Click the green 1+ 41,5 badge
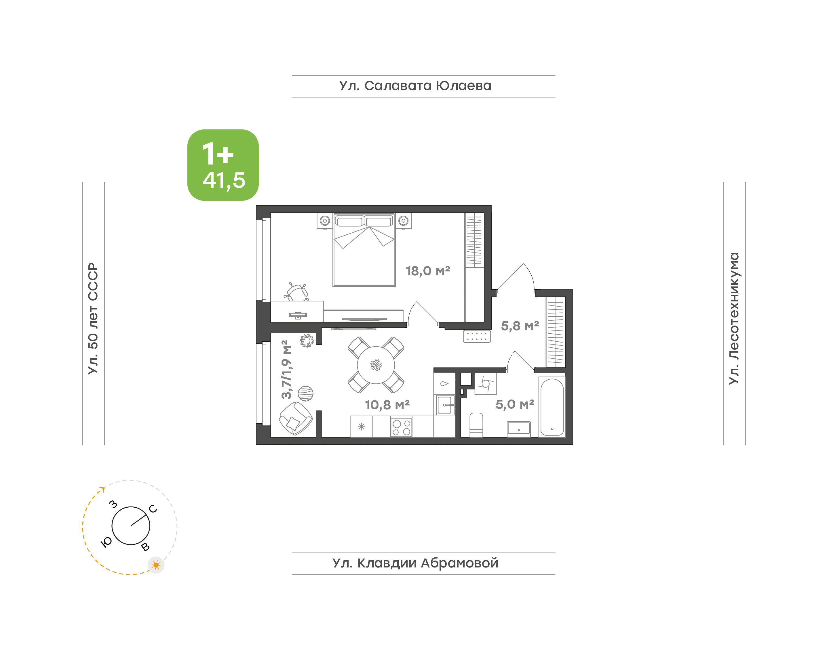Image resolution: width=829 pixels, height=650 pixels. pos(223,165)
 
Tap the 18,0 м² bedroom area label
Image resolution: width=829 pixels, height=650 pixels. pos(428,271)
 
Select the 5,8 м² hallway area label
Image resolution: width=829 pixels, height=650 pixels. pos(520,326)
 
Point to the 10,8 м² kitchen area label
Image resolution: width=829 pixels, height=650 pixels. pos(387,405)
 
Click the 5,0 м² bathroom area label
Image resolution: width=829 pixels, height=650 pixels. pos(515,404)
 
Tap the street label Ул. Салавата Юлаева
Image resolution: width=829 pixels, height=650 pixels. pos(415,86)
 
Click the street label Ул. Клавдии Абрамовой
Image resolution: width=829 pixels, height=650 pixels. pos(415,563)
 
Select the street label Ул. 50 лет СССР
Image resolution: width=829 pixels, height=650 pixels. pos(93,318)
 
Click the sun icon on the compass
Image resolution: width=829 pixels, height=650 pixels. pos(156,565)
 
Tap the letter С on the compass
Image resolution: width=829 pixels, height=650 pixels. pos(153,509)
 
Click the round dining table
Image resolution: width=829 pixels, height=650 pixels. pos(376,365)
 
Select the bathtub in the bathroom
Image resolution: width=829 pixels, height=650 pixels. pos(552,407)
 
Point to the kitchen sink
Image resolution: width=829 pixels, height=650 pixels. pos(445,405)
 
